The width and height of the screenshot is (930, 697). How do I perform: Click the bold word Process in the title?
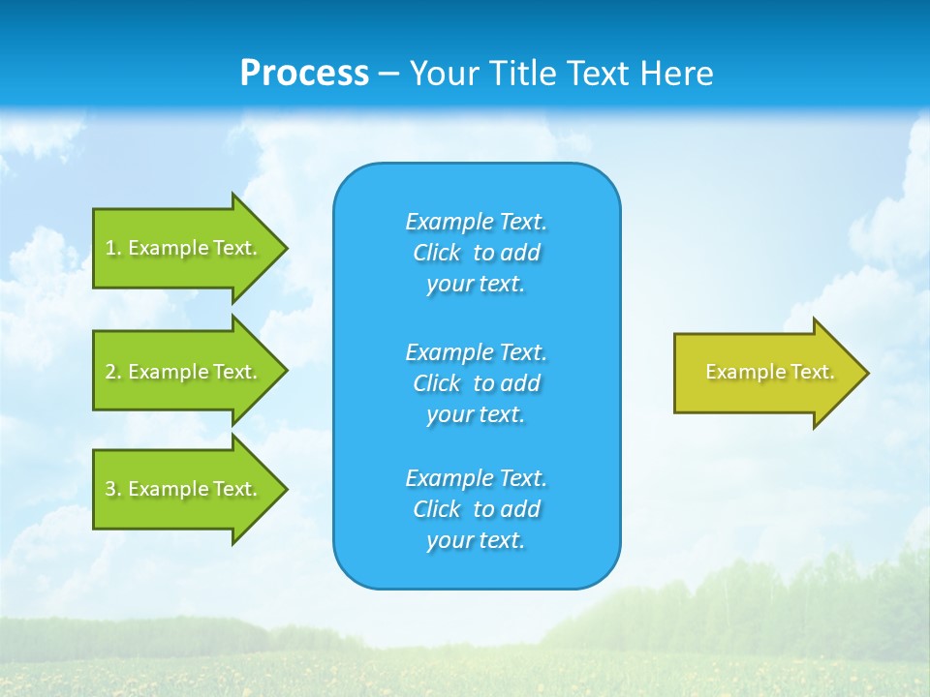pos(304,74)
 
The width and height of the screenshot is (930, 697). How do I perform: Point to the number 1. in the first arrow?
pos(113,248)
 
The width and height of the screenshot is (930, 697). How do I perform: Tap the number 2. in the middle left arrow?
pos(113,372)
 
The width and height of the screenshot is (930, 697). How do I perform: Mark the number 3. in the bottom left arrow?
pos(113,489)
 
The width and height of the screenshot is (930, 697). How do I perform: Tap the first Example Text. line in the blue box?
pos(476,222)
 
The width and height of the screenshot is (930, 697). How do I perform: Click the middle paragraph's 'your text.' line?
pos(476,414)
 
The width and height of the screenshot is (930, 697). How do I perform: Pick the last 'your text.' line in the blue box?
pos(476,540)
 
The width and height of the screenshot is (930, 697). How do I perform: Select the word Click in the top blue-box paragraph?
pos(436,253)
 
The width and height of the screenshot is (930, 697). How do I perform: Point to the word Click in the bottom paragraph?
pos(436,509)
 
